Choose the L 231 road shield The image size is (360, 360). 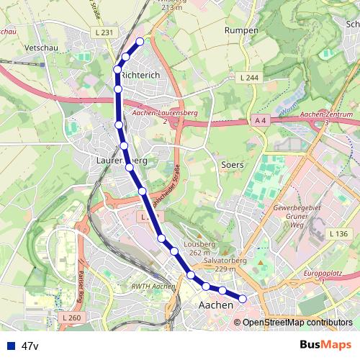tap(103, 33)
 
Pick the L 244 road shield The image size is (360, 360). tap(249, 77)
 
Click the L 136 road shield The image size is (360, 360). tap(338, 233)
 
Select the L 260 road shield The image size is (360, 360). tap(71, 318)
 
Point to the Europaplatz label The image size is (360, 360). tap(322, 275)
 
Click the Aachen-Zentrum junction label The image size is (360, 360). tap(326, 114)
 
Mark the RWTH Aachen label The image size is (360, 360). tap(154, 287)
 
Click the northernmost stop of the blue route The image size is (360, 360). tap(140, 41)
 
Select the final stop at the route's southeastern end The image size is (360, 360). tap(243, 298)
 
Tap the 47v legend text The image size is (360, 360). tap(30, 346)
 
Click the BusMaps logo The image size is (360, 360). tap(325, 344)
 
